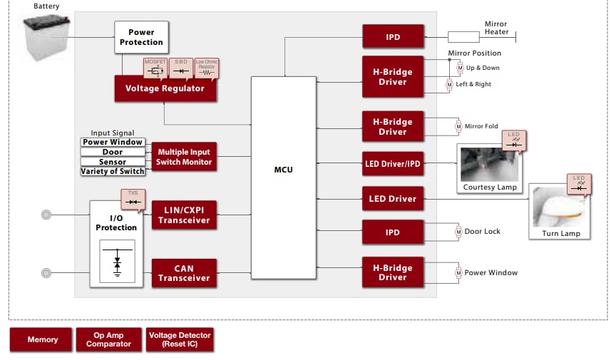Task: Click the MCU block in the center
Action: (x=283, y=170)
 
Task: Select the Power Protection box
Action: (x=141, y=37)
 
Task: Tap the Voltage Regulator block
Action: (x=165, y=88)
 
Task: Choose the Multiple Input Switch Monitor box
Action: (x=184, y=157)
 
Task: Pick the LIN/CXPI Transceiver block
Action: (x=184, y=215)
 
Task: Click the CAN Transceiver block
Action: (x=184, y=273)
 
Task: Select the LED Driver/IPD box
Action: (x=392, y=164)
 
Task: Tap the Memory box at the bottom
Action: (x=42, y=339)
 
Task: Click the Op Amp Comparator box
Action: (x=108, y=339)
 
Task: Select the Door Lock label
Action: (x=483, y=232)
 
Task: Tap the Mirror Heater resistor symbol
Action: (x=463, y=37)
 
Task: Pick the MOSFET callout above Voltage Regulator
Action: (x=155, y=68)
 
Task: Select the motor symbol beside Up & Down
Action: (x=459, y=68)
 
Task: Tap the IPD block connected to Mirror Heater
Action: (x=392, y=37)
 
